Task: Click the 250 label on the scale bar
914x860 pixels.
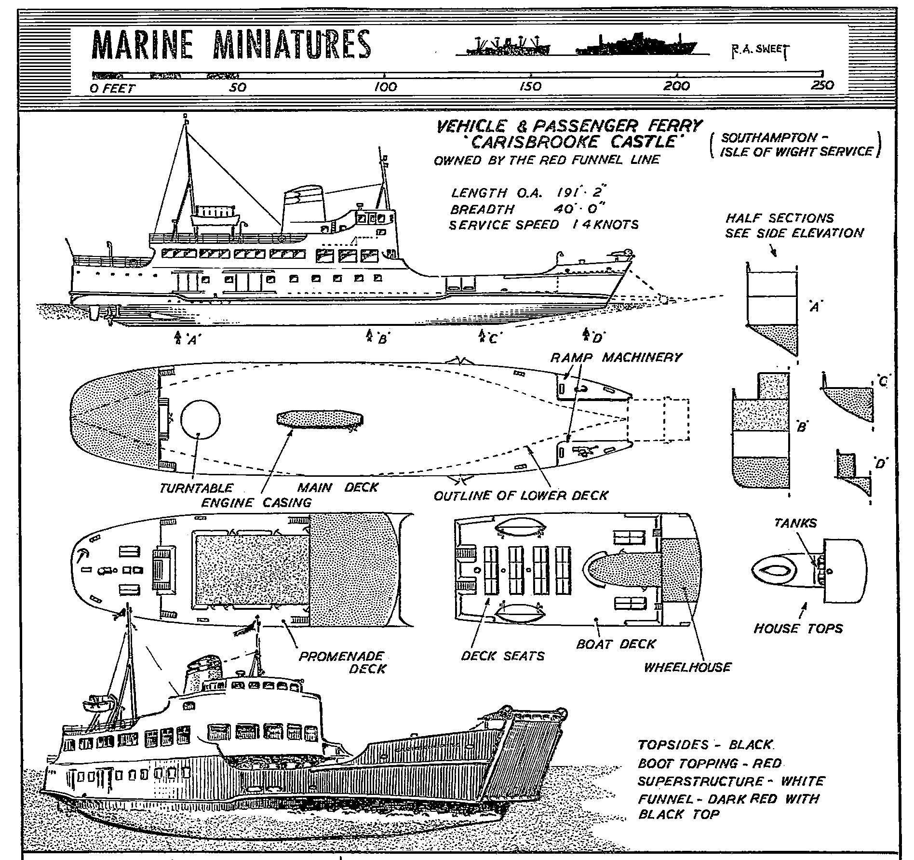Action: click(822, 86)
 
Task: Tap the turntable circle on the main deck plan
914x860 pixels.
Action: click(200, 419)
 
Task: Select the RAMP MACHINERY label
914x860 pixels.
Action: click(617, 357)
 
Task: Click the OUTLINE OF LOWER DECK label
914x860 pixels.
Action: click(521, 496)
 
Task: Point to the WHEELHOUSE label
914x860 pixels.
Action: click(687, 667)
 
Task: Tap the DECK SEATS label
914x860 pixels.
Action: click(502, 656)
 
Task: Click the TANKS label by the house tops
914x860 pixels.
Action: click(795, 523)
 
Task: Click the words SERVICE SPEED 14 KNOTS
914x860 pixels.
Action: click(543, 225)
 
